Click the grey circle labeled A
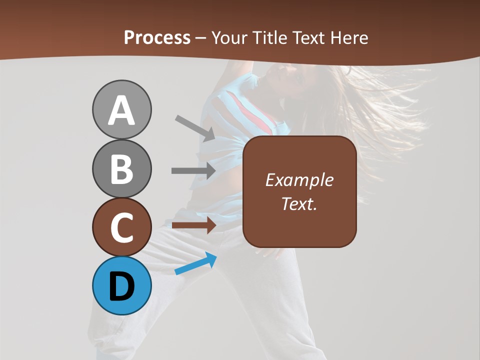coord(121,109)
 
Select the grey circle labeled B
coord(121,168)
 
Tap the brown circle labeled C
coord(121,227)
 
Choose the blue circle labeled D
coord(121,285)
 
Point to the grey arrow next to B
coord(193,170)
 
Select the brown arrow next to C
coord(193,225)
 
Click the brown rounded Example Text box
coord(299,191)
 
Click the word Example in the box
coord(299,180)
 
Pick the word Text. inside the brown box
coord(299,204)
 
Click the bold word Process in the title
coord(157,37)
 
